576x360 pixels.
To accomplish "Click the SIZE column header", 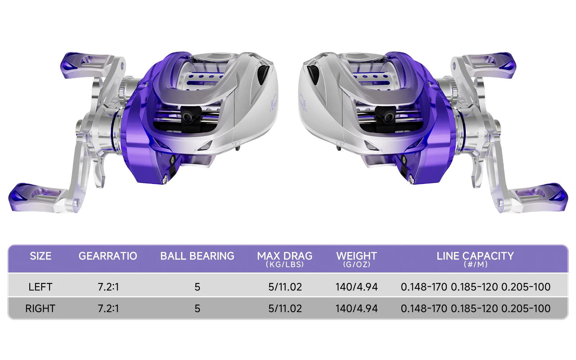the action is [x=41, y=256].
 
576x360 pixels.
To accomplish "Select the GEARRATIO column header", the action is [x=108, y=256].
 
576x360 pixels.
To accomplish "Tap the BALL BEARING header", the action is [x=197, y=256].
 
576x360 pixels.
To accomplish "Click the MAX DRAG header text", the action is [x=285, y=256].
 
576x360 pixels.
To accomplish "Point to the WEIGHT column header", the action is [x=357, y=256].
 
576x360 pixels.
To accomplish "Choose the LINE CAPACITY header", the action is [x=475, y=256].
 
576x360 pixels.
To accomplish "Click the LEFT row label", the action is [x=40, y=287].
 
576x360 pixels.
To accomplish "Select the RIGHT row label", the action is [x=40, y=309].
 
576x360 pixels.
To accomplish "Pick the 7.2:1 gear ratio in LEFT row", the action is [x=108, y=287].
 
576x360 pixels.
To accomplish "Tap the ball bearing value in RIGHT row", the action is [x=197, y=309].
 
